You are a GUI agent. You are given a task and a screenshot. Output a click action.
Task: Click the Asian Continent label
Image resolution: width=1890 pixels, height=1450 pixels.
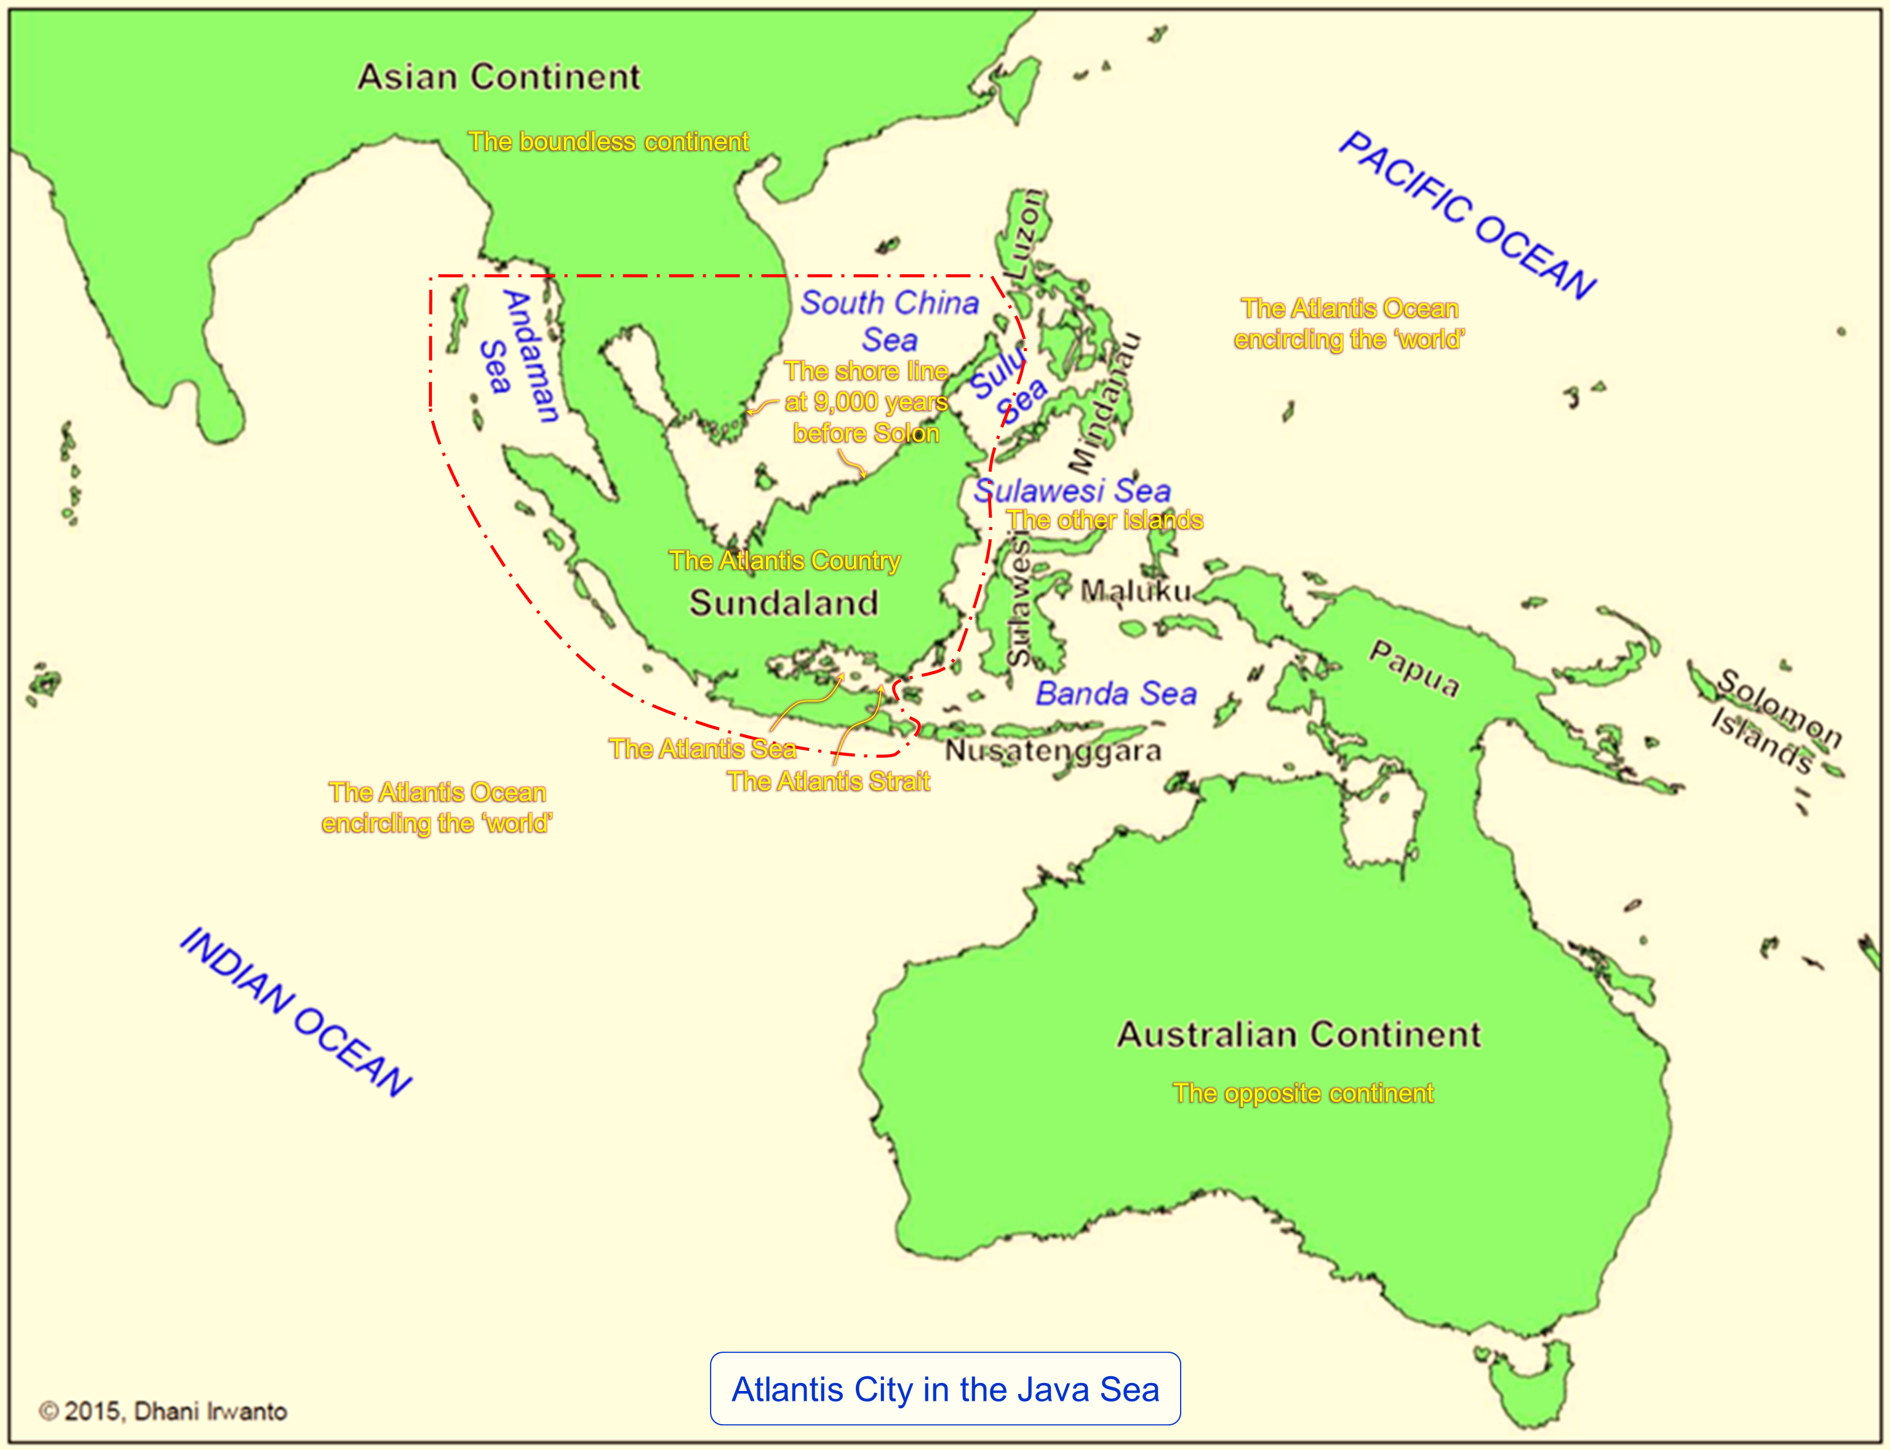tap(499, 77)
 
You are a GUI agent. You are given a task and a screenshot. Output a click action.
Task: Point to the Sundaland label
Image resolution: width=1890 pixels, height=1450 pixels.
tap(783, 603)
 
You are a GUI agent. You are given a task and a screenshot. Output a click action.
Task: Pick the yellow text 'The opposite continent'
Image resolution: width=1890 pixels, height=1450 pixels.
tap(1302, 1093)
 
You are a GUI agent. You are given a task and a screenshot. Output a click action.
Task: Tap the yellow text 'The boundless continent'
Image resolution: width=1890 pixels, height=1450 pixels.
tap(608, 141)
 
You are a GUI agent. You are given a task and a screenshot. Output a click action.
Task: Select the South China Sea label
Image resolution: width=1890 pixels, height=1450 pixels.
tap(889, 320)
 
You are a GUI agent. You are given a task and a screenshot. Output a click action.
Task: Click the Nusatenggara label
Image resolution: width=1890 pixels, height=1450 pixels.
tap(1053, 751)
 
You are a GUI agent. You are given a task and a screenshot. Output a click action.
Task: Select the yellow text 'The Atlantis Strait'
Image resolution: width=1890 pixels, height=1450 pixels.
tap(828, 781)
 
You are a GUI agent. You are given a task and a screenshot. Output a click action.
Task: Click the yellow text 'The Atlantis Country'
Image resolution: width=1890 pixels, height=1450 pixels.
tap(784, 561)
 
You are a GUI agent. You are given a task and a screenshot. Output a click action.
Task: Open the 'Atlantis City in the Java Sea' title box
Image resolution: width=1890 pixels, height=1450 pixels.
tap(944, 1389)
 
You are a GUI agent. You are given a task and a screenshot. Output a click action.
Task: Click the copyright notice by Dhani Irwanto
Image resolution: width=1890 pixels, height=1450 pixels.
tap(163, 1411)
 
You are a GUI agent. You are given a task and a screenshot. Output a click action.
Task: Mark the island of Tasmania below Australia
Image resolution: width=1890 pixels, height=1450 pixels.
tap(1537, 1373)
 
